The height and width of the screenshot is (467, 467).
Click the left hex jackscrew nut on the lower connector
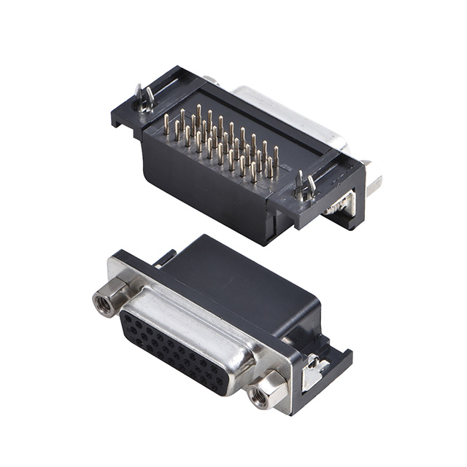pos(107,302)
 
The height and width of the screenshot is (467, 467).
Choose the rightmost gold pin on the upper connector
pos(276,156)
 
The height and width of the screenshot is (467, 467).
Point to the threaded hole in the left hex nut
pos(106,304)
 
